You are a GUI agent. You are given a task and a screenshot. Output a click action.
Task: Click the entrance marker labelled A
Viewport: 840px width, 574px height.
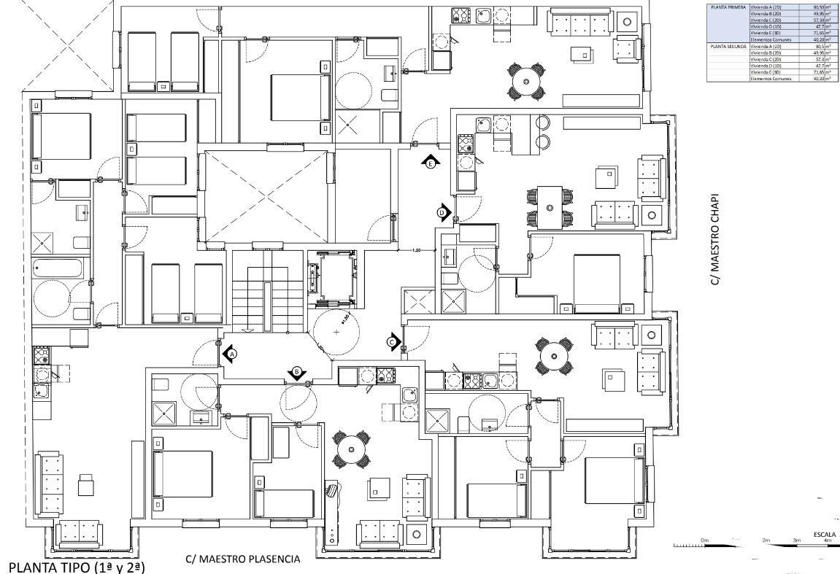click(230, 354)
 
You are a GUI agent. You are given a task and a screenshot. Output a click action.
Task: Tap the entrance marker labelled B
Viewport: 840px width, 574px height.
click(297, 373)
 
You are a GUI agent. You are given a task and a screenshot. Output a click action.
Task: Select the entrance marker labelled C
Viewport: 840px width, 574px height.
click(393, 341)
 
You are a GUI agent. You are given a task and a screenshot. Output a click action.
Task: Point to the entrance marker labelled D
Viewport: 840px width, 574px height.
click(443, 212)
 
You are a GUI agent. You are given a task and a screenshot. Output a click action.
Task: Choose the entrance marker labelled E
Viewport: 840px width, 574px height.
click(431, 163)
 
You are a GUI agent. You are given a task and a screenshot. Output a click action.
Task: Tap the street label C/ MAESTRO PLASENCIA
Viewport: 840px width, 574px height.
click(242, 559)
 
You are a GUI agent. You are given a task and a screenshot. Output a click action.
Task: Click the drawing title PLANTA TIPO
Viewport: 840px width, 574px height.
click(77, 565)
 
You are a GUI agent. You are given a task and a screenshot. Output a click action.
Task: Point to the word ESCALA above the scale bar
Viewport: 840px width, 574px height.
click(822, 534)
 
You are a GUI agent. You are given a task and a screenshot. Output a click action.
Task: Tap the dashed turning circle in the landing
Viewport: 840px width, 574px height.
click(336, 333)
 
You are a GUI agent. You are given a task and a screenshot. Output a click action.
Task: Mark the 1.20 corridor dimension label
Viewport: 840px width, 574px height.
click(417, 250)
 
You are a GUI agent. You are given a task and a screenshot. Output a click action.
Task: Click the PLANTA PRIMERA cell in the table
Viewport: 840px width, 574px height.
click(727, 6)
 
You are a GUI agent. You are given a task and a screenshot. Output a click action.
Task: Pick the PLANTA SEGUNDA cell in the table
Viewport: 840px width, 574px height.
click(727, 46)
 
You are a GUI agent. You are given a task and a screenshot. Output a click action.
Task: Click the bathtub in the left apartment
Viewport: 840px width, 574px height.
click(61, 268)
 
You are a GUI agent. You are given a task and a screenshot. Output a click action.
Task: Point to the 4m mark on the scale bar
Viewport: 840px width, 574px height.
click(827, 540)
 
